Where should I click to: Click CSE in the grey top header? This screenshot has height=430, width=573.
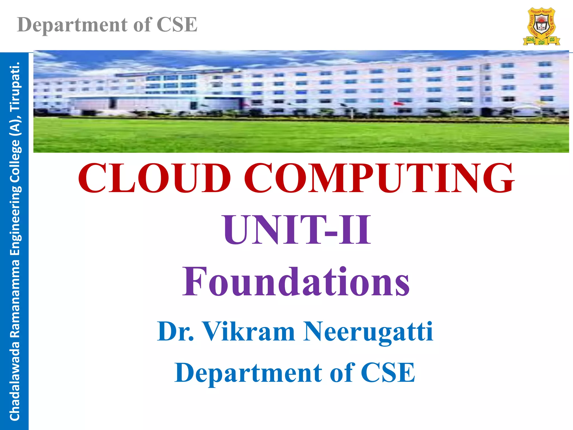coord(177,25)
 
